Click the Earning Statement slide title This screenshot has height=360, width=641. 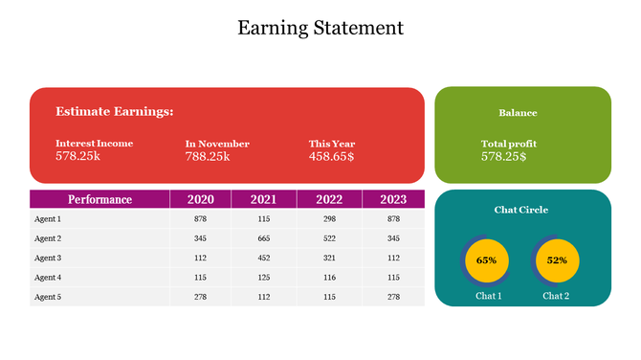coord(320,28)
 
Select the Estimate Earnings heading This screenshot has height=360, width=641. coord(115,112)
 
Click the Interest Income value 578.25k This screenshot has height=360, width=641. coord(77,155)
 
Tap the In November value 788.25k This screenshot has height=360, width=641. coord(208,156)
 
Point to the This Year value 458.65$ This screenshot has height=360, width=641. coord(331,156)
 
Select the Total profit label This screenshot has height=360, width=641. coord(508,144)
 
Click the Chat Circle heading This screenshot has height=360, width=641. coord(521,210)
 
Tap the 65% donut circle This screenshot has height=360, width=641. coord(486,260)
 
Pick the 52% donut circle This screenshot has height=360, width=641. coord(557,260)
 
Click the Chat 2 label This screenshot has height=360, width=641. coord(556,296)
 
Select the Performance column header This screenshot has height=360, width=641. coord(99,199)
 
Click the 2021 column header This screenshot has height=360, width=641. coord(264,199)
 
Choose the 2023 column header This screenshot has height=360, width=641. coord(392,199)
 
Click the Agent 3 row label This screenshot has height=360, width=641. coord(48,258)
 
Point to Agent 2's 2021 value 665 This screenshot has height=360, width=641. coord(264,238)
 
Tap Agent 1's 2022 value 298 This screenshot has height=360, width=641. coord(329,219)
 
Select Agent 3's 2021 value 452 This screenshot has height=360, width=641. coord(264,258)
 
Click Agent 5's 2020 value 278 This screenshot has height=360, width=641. coord(200,297)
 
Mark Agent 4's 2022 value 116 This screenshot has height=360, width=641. coord(329,278)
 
